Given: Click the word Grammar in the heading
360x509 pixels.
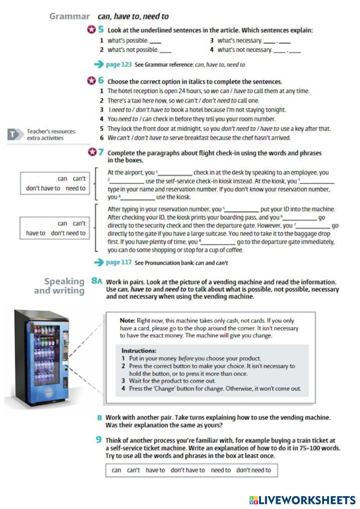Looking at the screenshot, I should [70, 16].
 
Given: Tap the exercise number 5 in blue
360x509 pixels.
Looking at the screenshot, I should [101, 30].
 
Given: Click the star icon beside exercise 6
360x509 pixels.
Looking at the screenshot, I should [91, 81].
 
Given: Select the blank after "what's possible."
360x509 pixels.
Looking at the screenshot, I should [155, 41].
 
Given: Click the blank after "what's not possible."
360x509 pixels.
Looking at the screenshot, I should [165, 50].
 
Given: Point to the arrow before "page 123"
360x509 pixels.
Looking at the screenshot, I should [98, 65].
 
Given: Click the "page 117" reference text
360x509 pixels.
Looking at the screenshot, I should [119, 262].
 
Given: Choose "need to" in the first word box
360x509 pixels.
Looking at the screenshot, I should [75, 188].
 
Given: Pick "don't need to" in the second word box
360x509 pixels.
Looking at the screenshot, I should [68, 233].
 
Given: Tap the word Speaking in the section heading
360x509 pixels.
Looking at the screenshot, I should [64, 281].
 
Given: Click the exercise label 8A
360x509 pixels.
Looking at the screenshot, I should [97, 281].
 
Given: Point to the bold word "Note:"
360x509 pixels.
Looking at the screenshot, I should [128, 320].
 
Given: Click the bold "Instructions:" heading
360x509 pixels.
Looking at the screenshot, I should [139, 350].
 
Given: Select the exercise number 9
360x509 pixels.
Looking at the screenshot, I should [99, 440].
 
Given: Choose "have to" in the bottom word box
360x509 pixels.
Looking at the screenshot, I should [155, 470].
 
